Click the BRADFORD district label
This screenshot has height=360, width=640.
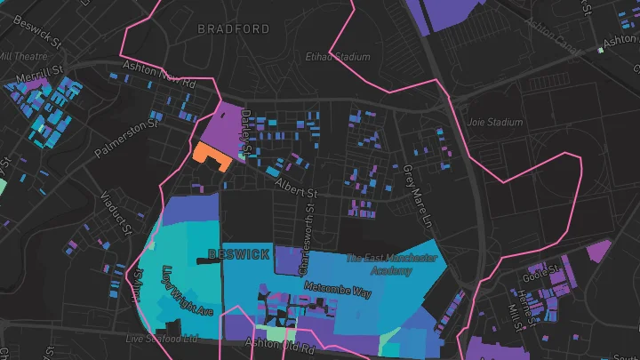(233, 29)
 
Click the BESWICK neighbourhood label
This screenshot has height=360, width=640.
(238, 254)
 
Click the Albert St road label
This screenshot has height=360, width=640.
(296, 188)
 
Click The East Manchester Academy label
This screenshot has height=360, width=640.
(391, 264)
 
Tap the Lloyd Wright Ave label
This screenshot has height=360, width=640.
(188, 289)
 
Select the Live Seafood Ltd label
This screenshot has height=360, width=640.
(161, 339)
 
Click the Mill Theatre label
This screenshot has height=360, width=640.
(18, 55)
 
